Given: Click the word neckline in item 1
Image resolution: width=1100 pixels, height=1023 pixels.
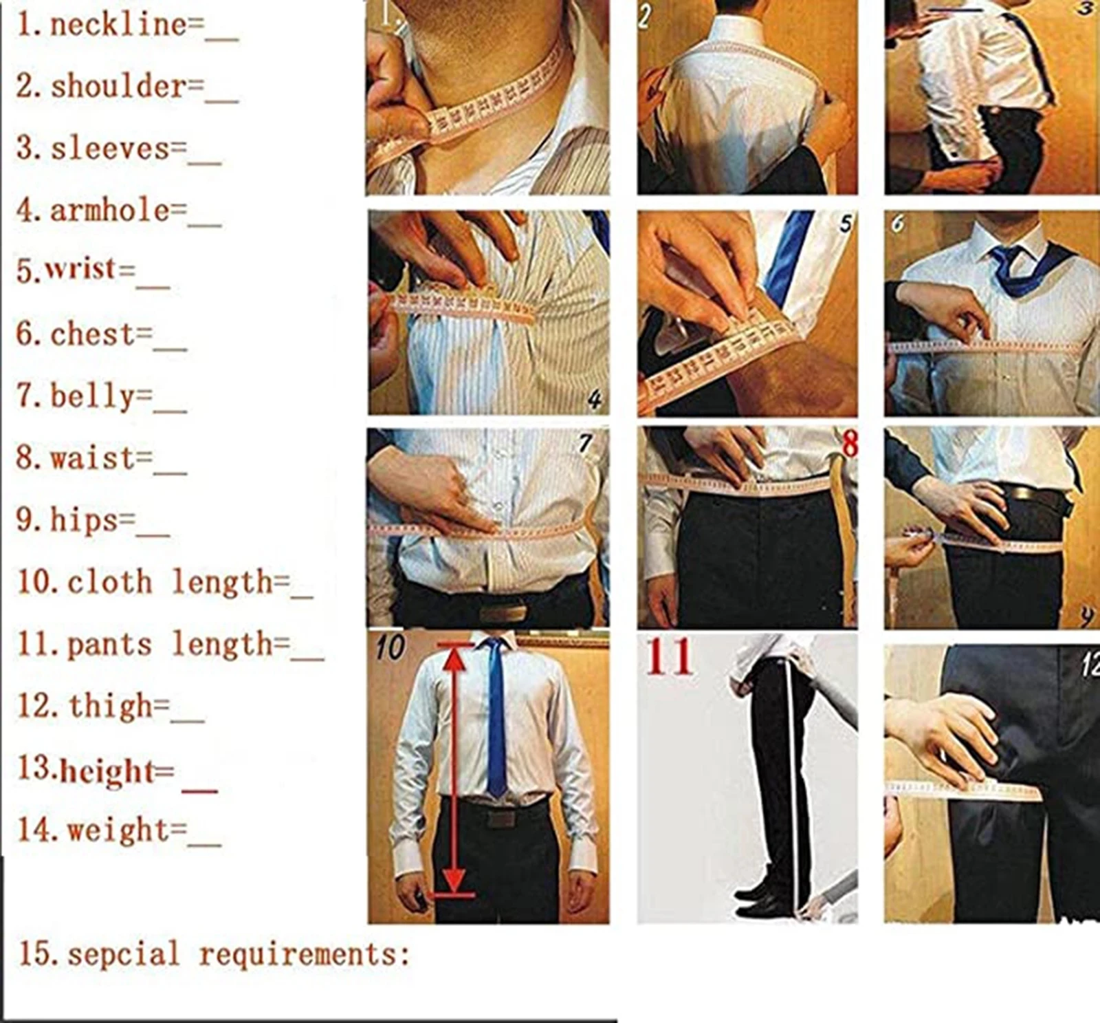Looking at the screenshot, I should point(118,26).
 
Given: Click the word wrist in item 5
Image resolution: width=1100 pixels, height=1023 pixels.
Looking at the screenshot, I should point(80,270).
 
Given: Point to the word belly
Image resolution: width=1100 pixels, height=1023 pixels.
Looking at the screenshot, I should point(92,397).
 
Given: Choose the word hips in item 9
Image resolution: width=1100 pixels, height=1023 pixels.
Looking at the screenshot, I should point(83,520).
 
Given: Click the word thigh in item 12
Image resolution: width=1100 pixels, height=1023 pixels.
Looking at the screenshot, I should point(109,707).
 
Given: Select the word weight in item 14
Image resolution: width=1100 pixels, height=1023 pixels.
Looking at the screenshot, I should point(117,830).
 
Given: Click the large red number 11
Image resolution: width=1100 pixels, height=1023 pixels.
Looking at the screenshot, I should point(668,658).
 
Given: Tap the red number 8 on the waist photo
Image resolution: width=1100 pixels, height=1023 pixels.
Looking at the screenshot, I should point(850,444).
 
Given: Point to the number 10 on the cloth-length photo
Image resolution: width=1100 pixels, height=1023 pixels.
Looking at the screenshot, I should point(390,647).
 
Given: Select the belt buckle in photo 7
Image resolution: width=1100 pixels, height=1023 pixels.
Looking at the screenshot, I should point(503,612).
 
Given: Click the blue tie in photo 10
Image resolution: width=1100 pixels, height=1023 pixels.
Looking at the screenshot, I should point(495,715).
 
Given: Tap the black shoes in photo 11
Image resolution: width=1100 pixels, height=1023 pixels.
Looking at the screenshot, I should point(760,901).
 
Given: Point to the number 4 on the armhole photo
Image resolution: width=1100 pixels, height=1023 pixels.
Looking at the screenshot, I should point(594,400).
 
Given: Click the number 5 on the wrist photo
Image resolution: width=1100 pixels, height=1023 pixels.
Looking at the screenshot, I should point(844,223).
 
